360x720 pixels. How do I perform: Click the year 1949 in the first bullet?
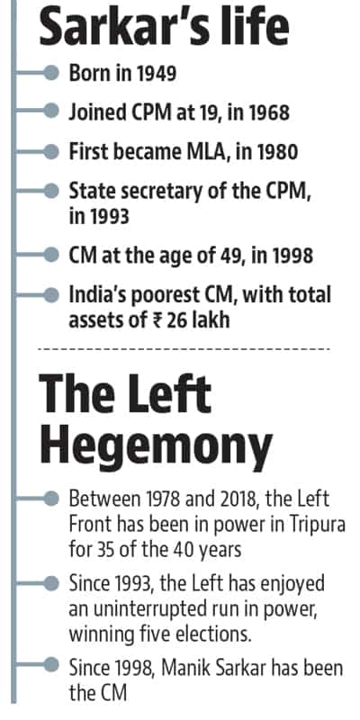pos(155,73)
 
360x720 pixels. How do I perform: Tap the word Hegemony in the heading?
pos(156,445)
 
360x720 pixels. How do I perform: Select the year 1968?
pos(267,112)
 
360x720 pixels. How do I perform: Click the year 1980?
pos(275,151)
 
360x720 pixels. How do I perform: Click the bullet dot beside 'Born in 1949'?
pos(52,73)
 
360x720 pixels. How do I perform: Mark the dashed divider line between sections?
pos(184,349)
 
